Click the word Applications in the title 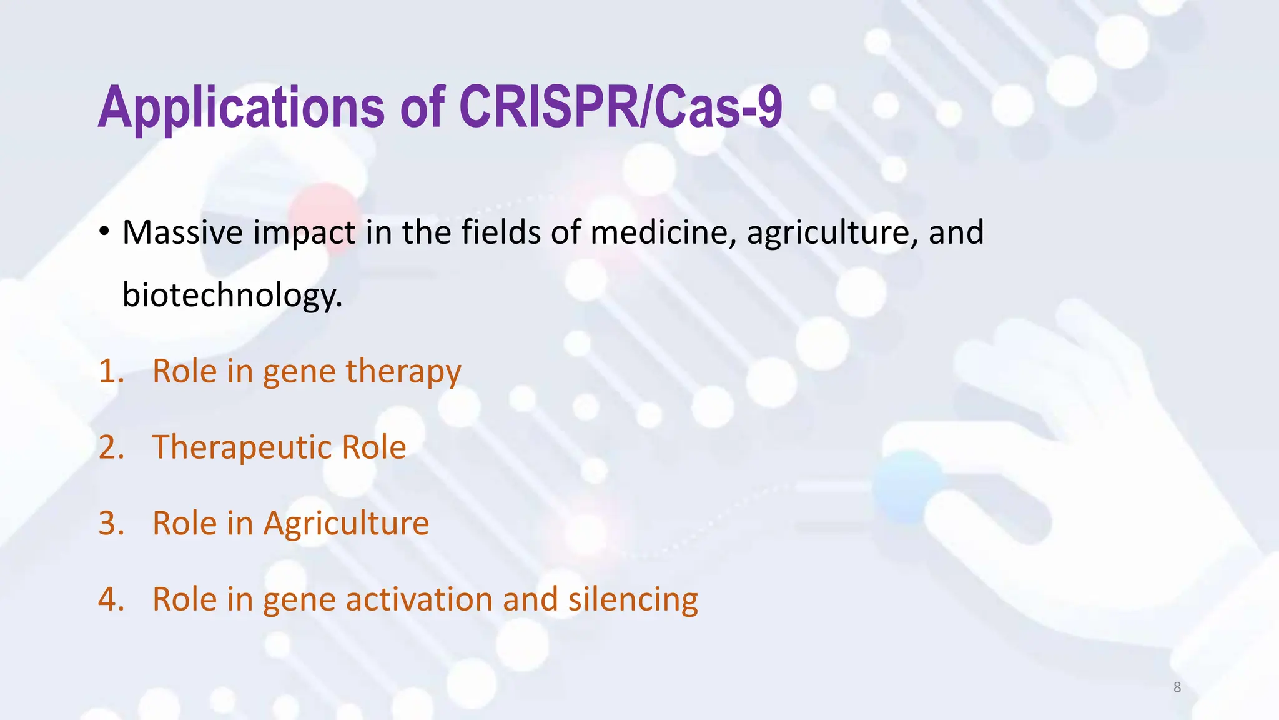click(240, 107)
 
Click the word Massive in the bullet click(182, 232)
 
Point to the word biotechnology click(232, 295)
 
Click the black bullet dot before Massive click(104, 232)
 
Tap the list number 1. click(111, 371)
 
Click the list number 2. click(111, 447)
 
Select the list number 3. click(111, 523)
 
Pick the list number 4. click(111, 599)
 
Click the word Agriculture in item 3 click(346, 523)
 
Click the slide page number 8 click(1177, 687)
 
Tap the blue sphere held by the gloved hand click(907, 486)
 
